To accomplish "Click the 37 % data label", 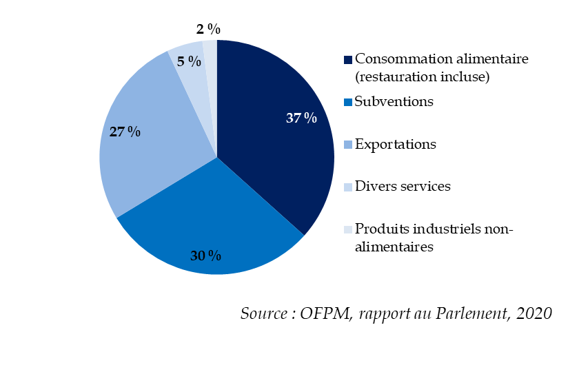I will [x=301, y=118].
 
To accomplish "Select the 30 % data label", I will [x=205, y=256].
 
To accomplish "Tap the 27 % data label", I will [x=125, y=131].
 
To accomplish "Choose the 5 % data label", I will [x=189, y=61].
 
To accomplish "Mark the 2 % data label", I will [x=207, y=29].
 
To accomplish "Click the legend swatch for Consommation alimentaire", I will [x=348, y=59].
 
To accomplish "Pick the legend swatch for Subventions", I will [x=348, y=102].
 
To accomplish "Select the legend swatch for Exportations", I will [x=348, y=145].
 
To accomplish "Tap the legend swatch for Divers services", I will [x=348, y=187].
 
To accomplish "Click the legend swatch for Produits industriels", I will [x=348, y=230].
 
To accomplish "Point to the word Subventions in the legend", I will [x=394, y=101].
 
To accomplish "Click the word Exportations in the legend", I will [x=395, y=145].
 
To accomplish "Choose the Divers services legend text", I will [x=403, y=187].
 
